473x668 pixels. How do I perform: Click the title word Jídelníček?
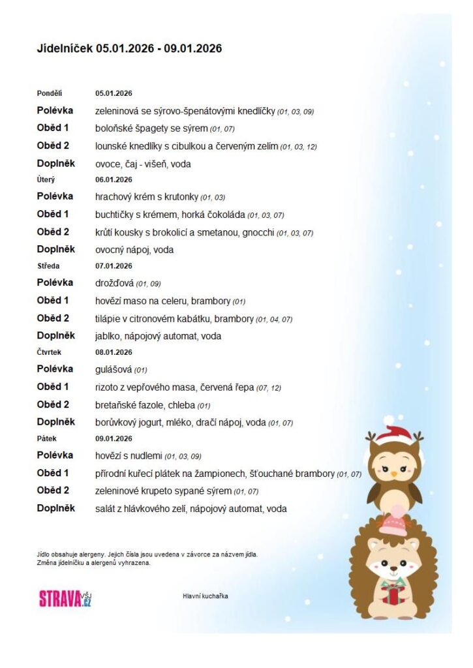click(65, 48)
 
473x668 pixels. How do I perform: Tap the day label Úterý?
click(45, 179)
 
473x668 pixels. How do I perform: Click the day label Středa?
click(47, 266)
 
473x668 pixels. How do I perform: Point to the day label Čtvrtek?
click(48, 352)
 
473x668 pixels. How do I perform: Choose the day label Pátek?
click(46, 438)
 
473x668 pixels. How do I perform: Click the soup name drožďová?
click(115, 283)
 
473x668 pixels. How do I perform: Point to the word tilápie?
click(109, 319)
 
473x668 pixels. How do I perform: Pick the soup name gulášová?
click(114, 369)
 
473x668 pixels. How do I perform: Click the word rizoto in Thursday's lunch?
click(107, 387)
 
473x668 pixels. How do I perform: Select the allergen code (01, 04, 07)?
click(274, 320)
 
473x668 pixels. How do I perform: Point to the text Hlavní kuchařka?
click(206, 596)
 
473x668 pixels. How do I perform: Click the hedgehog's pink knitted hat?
click(393, 523)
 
